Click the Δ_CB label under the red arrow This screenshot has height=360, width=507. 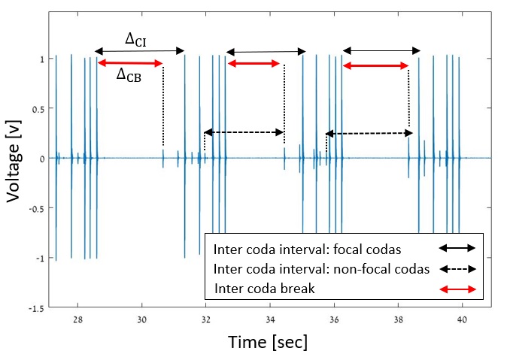click(x=132, y=75)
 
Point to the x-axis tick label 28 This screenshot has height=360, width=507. click(x=78, y=319)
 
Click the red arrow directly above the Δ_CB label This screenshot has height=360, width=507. click(x=130, y=63)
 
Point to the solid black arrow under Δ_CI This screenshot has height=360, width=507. click(x=140, y=51)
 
